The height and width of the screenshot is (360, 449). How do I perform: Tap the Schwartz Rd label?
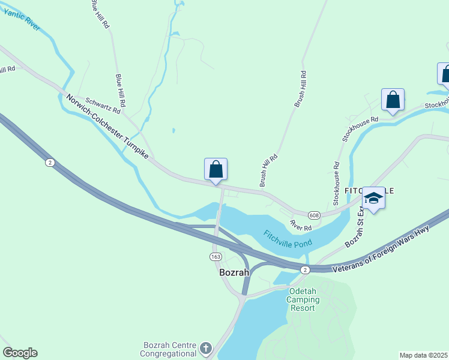pyautogui.click(x=103, y=106)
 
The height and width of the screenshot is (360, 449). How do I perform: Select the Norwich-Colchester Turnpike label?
pyautogui.click(x=107, y=126)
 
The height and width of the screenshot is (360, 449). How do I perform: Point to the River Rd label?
pyautogui.click(x=301, y=225)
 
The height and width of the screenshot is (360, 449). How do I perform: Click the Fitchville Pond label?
pyautogui.click(x=288, y=239)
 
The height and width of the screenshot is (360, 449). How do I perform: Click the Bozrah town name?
pyautogui.click(x=235, y=271)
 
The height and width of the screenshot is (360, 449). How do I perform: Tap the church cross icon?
pyautogui.click(x=206, y=348)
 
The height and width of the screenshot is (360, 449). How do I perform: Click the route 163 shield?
pyautogui.click(x=216, y=256)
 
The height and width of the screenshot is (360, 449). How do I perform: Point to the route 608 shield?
pyautogui.click(x=314, y=215)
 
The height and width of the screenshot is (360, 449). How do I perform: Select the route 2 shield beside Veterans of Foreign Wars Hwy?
pyautogui.click(x=306, y=269)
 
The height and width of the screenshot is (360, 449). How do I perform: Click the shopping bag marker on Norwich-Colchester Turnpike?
pyautogui.click(x=216, y=170)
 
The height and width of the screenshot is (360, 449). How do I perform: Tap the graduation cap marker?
pyautogui.click(x=373, y=199)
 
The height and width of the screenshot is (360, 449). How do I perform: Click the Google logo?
pyautogui.click(x=20, y=353)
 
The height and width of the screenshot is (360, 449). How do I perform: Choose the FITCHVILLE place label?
pyautogui.click(x=369, y=190)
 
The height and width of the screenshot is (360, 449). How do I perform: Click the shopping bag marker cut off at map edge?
pyautogui.click(x=444, y=74)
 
